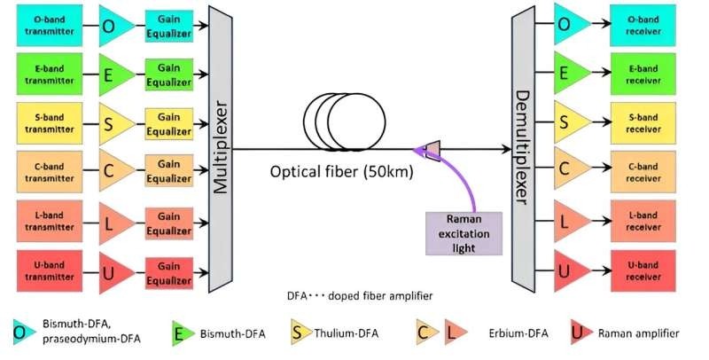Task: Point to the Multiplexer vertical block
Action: point(219,146)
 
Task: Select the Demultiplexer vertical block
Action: point(523,146)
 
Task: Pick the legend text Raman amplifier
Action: point(638,333)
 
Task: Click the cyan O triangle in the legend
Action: point(19,333)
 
